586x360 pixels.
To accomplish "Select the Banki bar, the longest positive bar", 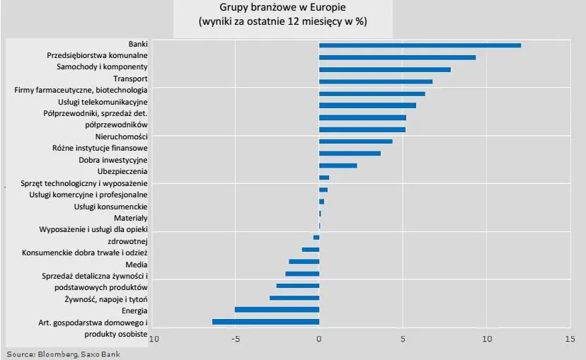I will (420, 45).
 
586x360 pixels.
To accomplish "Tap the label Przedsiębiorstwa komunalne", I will (97, 56).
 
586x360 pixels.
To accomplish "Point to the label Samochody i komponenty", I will (102, 67).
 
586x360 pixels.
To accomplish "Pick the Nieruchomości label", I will (121, 137).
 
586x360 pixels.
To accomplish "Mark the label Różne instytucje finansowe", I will (100, 149).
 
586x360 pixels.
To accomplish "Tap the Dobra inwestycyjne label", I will (113, 160).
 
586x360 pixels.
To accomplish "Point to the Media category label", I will (136, 264).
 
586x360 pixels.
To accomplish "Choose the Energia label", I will (134, 310).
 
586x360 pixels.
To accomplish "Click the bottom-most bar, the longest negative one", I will (265, 322).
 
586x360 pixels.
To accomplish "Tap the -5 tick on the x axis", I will (236, 339).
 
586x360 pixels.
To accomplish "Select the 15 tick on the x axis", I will (570, 339).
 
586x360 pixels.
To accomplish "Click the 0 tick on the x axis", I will (319, 339).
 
